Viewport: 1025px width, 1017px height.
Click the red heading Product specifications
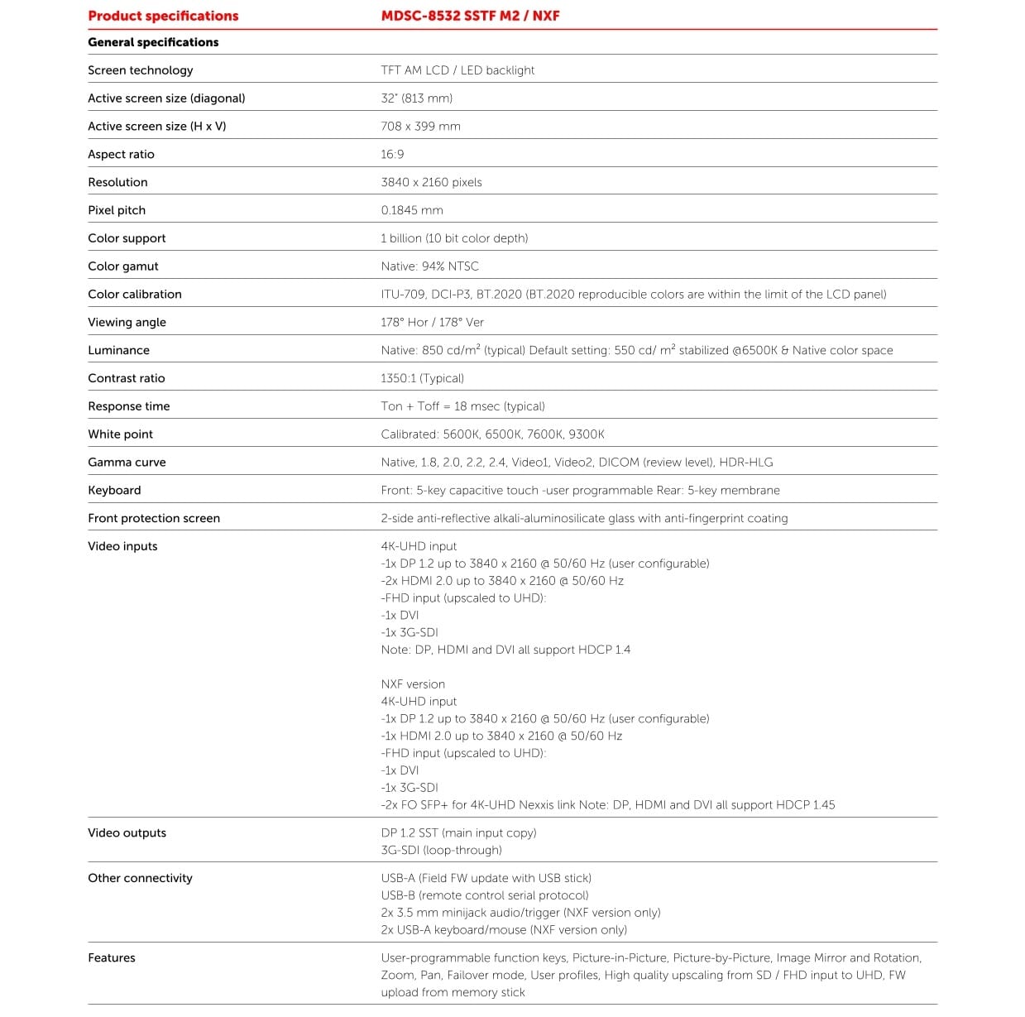click(163, 16)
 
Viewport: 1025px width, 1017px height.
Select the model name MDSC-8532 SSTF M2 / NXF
click(470, 16)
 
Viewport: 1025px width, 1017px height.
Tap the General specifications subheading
click(153, 42)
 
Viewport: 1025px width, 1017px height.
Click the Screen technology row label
click(140, 70)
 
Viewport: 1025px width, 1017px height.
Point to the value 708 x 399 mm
click(420, 127)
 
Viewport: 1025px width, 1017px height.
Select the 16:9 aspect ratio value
click(392, 155)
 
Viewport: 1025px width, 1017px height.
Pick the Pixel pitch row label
click(117, 210)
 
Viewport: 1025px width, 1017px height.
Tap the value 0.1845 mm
click(411, 210)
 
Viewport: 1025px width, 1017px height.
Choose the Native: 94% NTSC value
click(429, 266)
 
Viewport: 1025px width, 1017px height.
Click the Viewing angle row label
click(127, 322)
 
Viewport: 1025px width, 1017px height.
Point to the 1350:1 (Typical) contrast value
click(422, 378)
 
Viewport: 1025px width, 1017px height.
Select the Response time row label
click(128, 406)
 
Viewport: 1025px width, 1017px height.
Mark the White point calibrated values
click(492, 434)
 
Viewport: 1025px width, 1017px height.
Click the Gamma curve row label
click(127, 463)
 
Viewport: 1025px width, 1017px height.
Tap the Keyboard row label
click(114, 491)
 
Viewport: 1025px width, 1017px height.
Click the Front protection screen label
click(154, 519)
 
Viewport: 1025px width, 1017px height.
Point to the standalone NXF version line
click(413, 684)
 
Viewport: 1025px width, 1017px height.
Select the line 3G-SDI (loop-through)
click(441, 851)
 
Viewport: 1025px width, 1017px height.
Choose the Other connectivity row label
click(140, 878)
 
